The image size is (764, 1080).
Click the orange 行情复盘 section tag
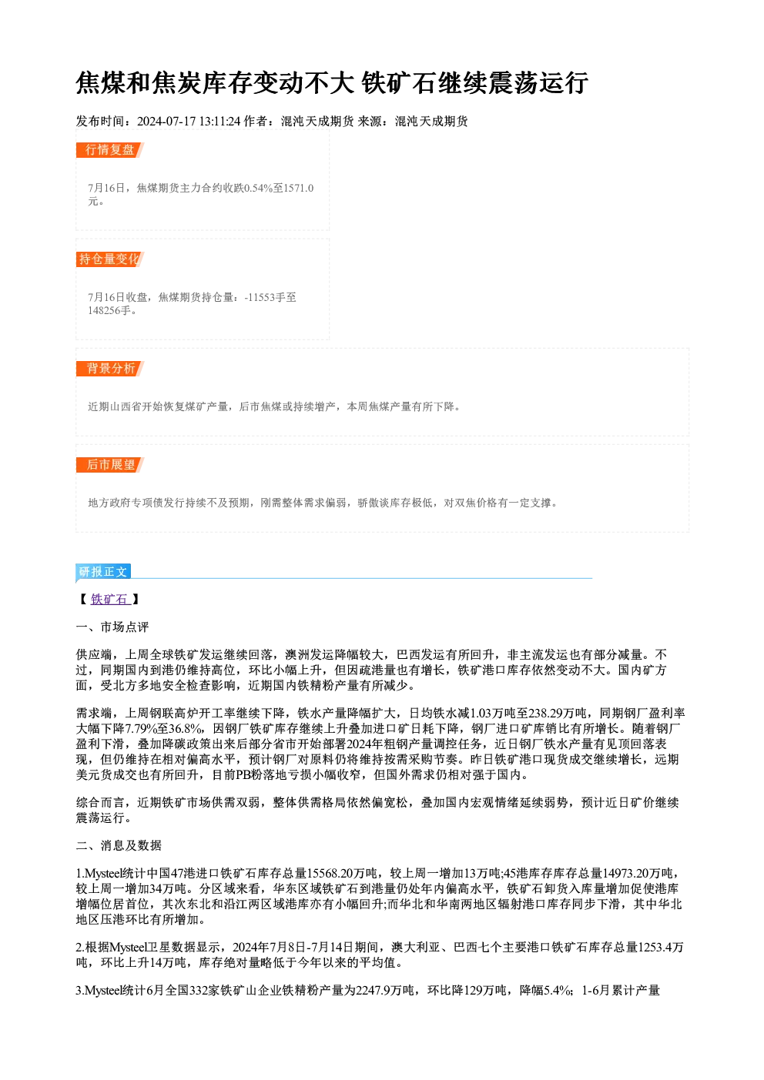pos(110,150)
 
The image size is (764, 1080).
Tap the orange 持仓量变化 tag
pos(110,259)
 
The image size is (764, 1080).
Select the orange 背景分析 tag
pos(110,369)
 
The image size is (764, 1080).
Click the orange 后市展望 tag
pos(110,465)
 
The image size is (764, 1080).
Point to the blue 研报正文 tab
pos(103,572)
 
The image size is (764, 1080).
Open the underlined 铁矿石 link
pos(109,600)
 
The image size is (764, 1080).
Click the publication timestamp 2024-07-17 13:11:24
pos(189,121)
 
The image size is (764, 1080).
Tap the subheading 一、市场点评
pos(112,627)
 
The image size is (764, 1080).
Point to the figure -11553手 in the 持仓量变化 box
pos(265,297)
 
